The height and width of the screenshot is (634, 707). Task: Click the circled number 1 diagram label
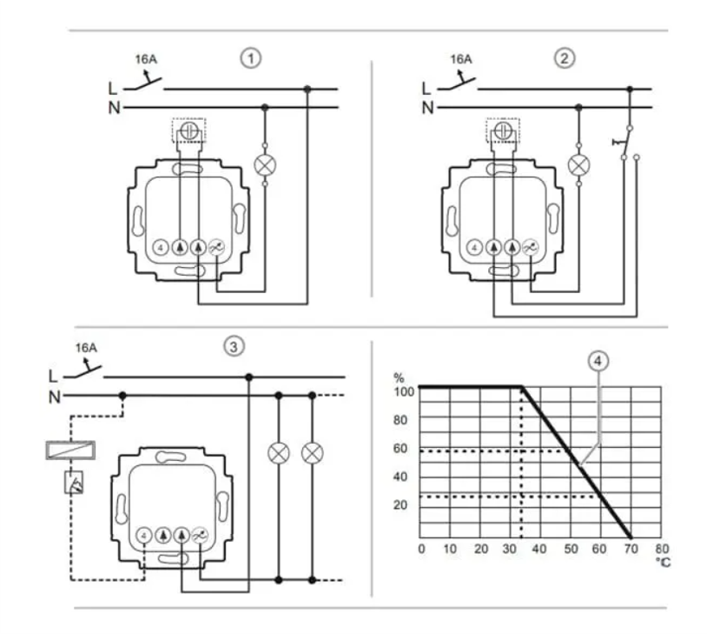(x=251, y=59)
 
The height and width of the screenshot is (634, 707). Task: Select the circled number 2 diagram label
(x=564, y=58)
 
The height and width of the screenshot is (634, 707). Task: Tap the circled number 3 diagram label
(x=234, y=347)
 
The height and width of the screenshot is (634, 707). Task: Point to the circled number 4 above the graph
(x=598, y=361)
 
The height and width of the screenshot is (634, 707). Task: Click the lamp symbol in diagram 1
(x=265, y=165)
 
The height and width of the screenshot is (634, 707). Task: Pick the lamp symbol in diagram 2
(x=578, y=165)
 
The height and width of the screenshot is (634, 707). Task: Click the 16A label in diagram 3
(x=86, y=348)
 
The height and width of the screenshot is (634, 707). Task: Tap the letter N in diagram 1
(x=114, y=108)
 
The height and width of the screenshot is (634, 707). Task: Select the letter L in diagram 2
(x=426, y=89)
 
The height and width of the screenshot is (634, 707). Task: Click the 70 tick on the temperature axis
(x=631, y=549)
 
